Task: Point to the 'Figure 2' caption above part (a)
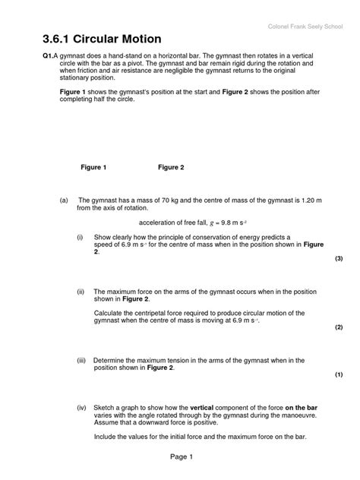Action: click(171, 167)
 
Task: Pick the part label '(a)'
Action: click(64, 199)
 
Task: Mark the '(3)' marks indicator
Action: click(339, 258)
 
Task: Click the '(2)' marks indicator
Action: click(339, 327)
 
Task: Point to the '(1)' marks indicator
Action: click(339, 375)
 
